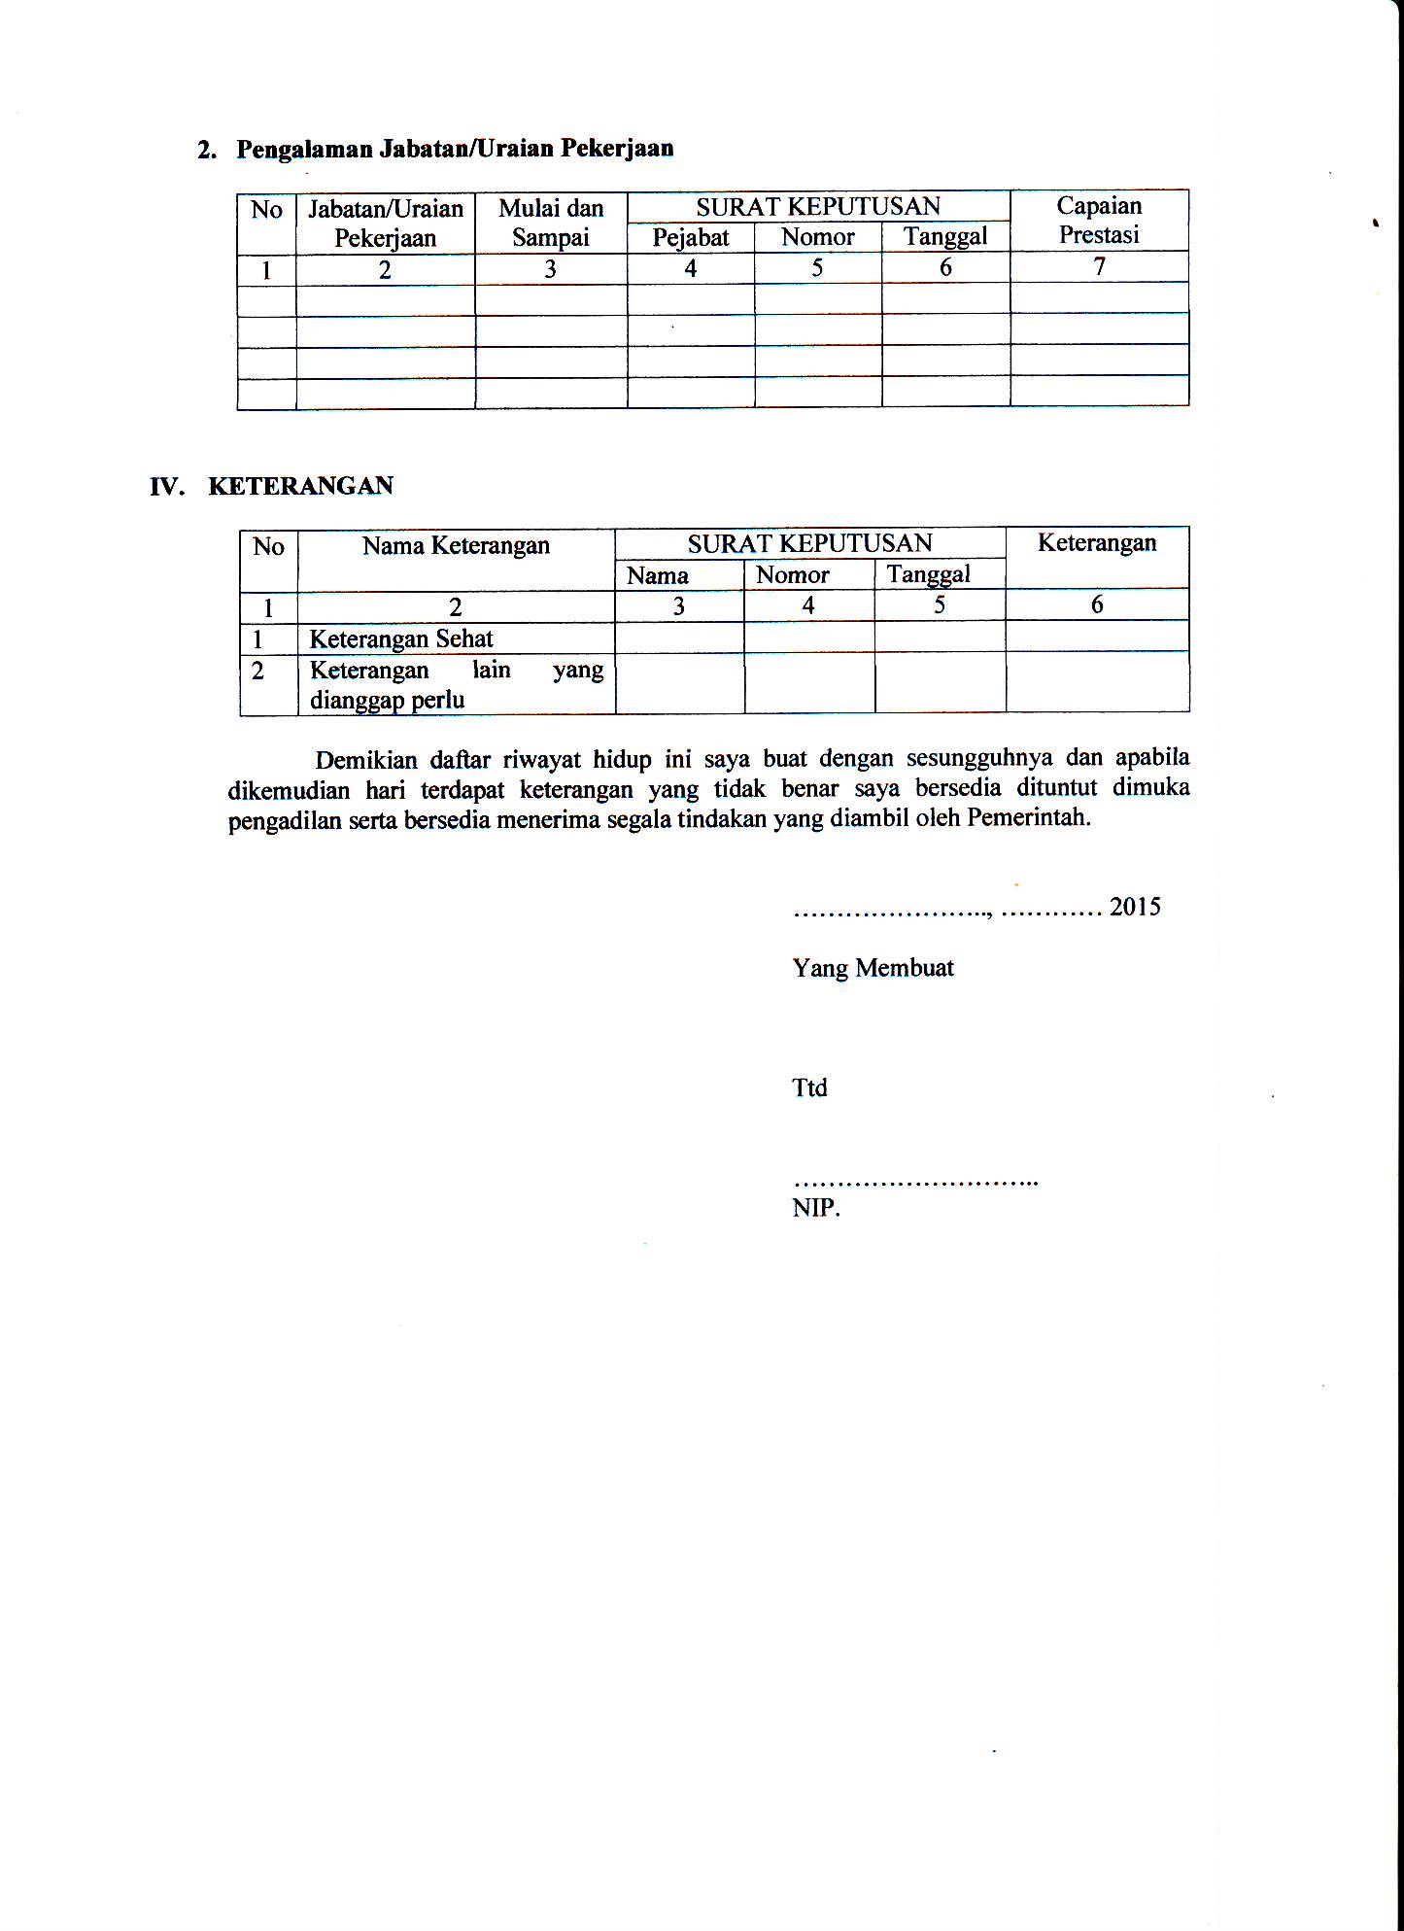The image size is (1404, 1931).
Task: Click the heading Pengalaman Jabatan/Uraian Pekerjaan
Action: coord(455,149)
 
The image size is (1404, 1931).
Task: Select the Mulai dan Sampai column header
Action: coord(551,223)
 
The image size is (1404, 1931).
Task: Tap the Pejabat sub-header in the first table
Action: coord(691,237)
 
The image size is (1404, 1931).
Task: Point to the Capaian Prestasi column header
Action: coord(1099,220)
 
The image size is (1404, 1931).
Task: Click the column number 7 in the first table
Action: coord(1099,266)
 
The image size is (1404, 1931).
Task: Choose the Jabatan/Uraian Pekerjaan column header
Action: coord(386,224)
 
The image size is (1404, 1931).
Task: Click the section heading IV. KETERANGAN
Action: coord(272,486)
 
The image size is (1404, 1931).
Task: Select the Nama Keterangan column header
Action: coord(456,546)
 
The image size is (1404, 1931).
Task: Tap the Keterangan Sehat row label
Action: coord(401,638)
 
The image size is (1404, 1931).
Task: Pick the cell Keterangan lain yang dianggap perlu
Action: coord(456,685)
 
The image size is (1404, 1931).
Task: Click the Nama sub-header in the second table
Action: coord(658,575)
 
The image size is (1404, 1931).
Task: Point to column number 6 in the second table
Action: coord(1097,604)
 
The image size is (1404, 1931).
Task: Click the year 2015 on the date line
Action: coord(1135,907)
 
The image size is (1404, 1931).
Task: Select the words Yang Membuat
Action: coord(873,968)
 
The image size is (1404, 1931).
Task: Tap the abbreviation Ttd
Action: coord(809,1087)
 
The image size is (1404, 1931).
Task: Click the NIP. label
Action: coord(816,1208)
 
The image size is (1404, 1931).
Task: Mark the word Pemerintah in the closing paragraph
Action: coord(1029,817)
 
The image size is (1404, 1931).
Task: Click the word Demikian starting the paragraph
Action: coord(365,760)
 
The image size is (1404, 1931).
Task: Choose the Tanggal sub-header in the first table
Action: coord(945,236)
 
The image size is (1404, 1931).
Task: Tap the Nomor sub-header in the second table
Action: coord(793,575)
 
